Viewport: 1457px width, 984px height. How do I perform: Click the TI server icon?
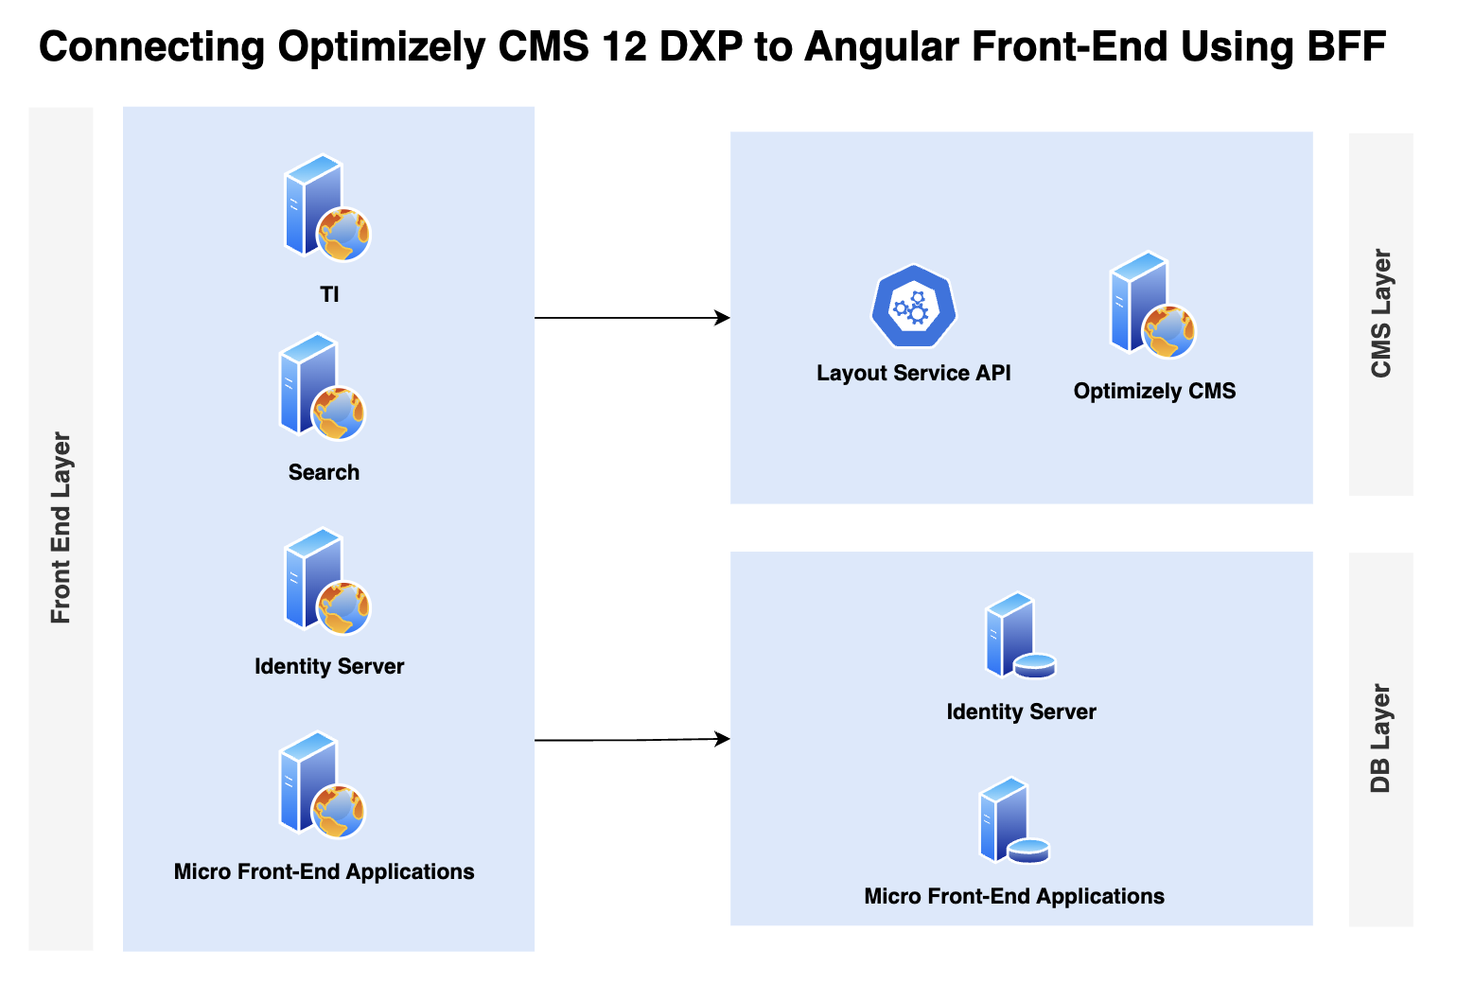pos(327,207)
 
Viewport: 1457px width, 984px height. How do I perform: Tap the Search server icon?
pos(322,387)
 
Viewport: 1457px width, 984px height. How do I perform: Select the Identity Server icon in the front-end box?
pos(327,581)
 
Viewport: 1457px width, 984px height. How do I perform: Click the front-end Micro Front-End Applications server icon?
pos(322,785)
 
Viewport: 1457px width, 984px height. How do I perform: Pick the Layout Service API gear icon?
pos(913,306)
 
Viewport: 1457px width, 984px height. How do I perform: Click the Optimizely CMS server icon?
pos(1152,305)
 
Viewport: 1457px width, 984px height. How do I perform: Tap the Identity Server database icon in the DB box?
pos(1020,636)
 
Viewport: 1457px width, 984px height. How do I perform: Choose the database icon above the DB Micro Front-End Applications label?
pos(1014,820)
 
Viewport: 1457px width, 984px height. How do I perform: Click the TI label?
pos(330,294)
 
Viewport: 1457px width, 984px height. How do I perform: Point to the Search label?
pos(324,472)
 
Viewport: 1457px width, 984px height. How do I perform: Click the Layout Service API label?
pos(914,374)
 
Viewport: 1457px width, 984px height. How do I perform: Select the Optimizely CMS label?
pos(1154,391)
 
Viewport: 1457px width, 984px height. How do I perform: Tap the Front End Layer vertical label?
pos(61,527)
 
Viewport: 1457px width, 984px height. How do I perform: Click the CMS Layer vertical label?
pos(1380,313)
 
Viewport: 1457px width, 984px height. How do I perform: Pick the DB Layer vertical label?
pos(1380,738)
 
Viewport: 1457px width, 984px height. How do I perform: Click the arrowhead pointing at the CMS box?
pos(722,318)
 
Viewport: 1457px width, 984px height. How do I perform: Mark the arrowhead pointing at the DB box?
pos(722,739)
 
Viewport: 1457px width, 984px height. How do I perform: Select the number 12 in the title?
pos(623,46)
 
